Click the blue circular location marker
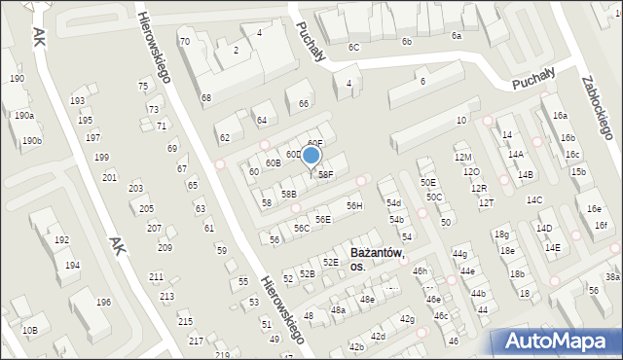point(311,155)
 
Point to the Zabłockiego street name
point(593,107)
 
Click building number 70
point(184,42)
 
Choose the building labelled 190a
point(23,115)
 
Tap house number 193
point(78,101)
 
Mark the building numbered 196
point(103,302)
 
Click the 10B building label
point(30,331)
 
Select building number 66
point(304,104)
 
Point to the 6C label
point(354,47)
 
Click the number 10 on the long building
point(461,121)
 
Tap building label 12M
point(463,157)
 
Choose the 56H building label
point(354,205)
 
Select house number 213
point(167,296)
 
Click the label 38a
point(612,276)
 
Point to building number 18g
point(500,234)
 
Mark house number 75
point(143,87)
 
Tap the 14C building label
point(534,199)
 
